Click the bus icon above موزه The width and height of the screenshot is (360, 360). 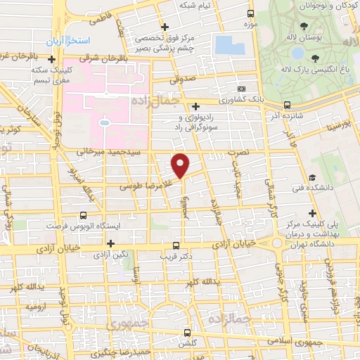(x=251, y=13)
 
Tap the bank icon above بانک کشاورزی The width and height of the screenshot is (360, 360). (x=242, y=89)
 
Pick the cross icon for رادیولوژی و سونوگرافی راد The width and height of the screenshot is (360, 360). (x=195, y=106)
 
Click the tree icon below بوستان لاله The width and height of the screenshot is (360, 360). (x=314, y=58)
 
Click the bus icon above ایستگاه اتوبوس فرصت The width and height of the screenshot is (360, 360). (x=84, y=215)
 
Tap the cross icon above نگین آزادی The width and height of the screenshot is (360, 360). (x=110, y=243)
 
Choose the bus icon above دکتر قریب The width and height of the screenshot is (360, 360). (x=176, y=246)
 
